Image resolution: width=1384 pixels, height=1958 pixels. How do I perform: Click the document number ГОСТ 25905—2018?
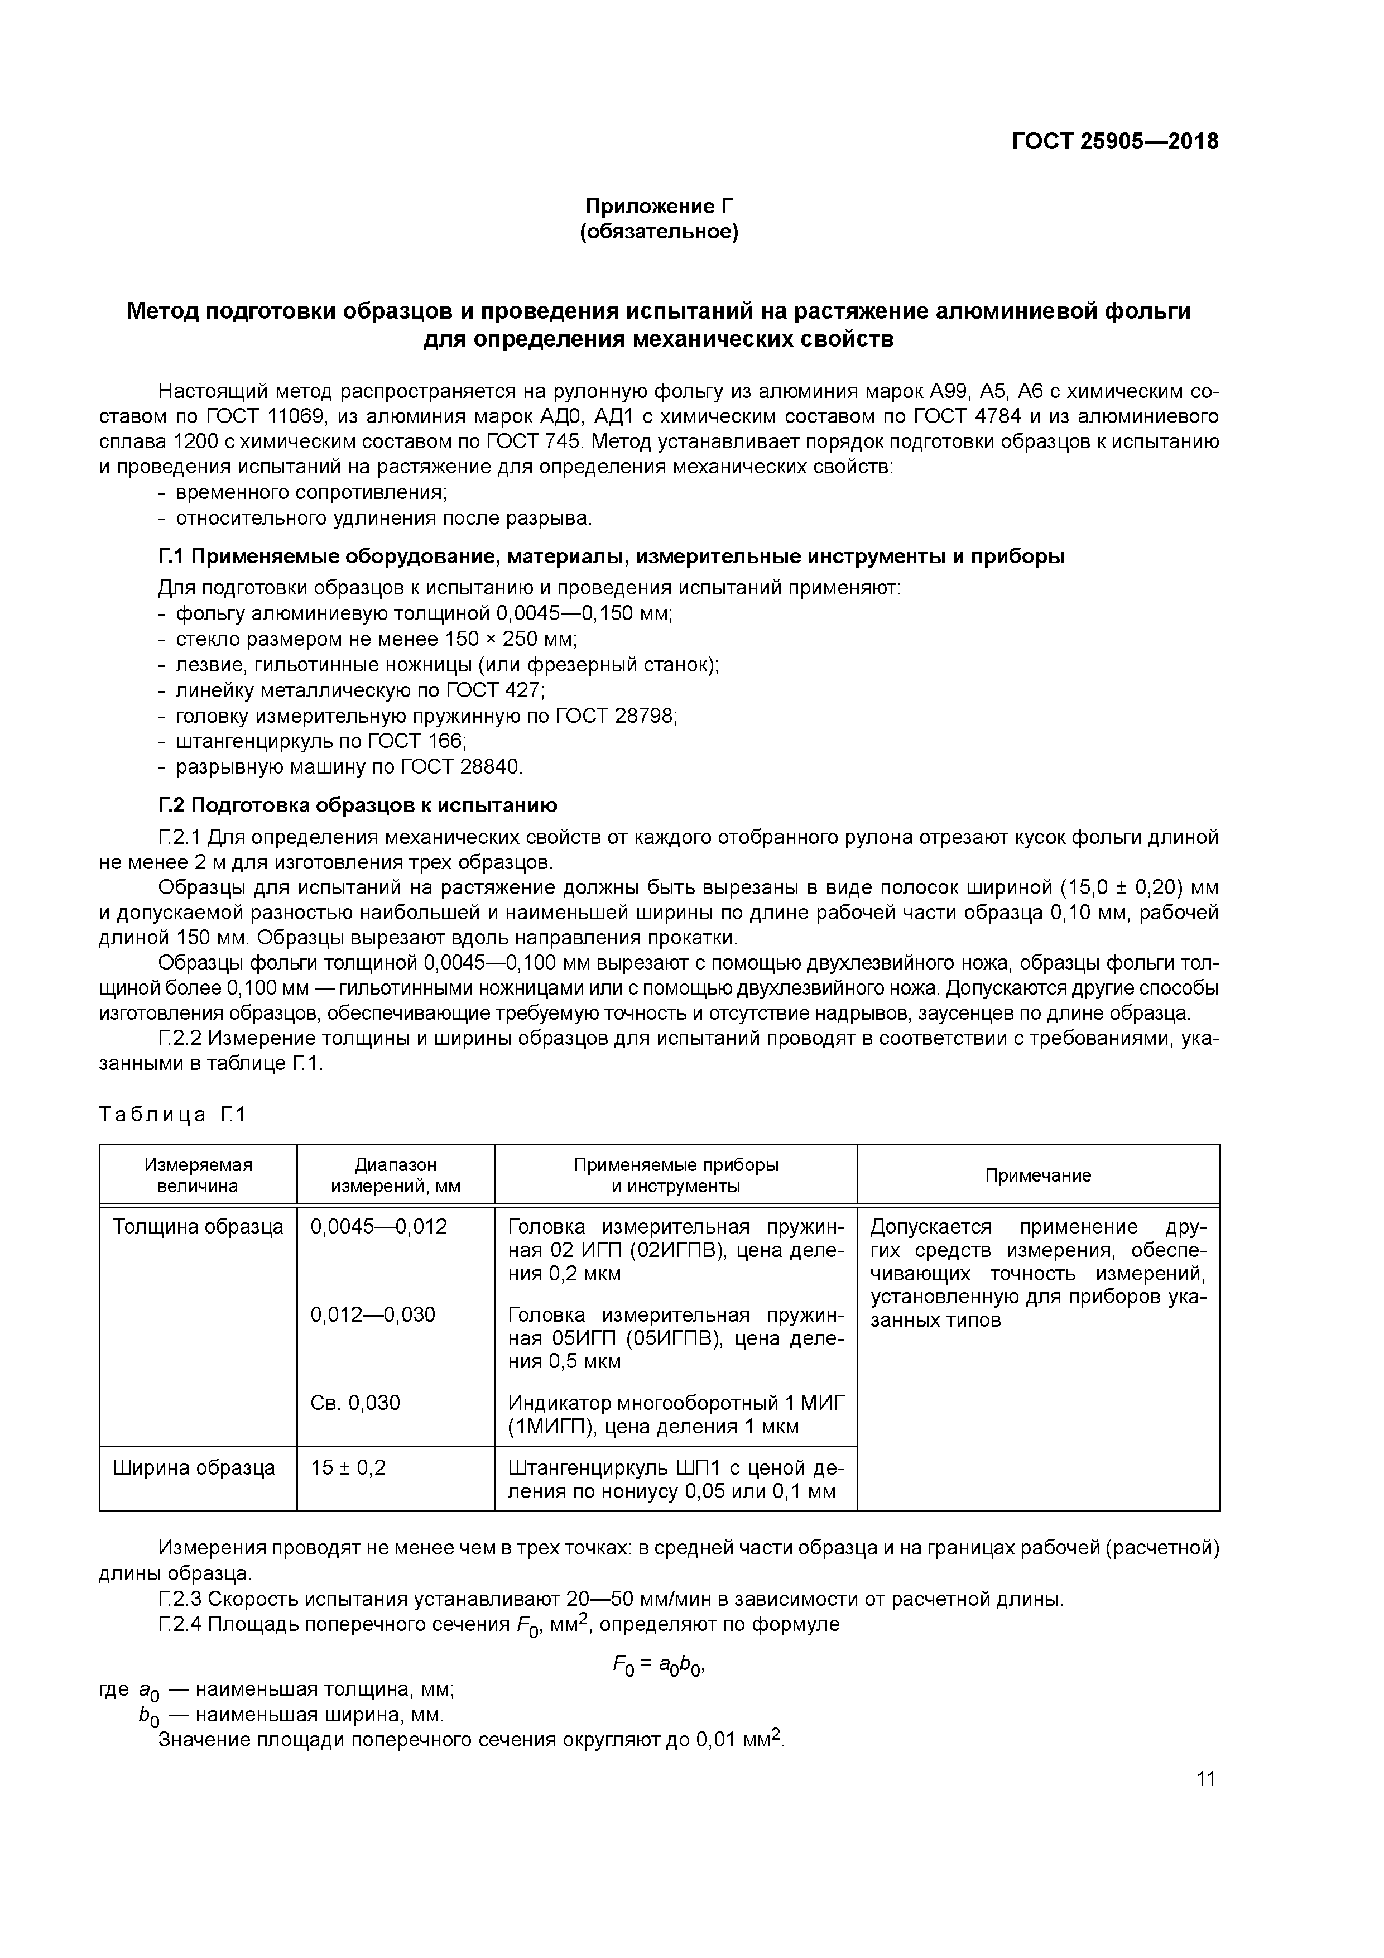[1114, 142]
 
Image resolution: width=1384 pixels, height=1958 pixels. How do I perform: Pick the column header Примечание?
[1038, 1175]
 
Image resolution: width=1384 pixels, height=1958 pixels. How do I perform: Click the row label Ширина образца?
[194, 1467]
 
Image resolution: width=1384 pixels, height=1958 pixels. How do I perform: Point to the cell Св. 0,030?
[355, 1403]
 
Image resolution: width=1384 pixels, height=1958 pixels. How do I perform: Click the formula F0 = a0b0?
[657, 1666]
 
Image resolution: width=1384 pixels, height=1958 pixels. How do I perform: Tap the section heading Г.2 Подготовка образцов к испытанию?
[358, 805]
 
